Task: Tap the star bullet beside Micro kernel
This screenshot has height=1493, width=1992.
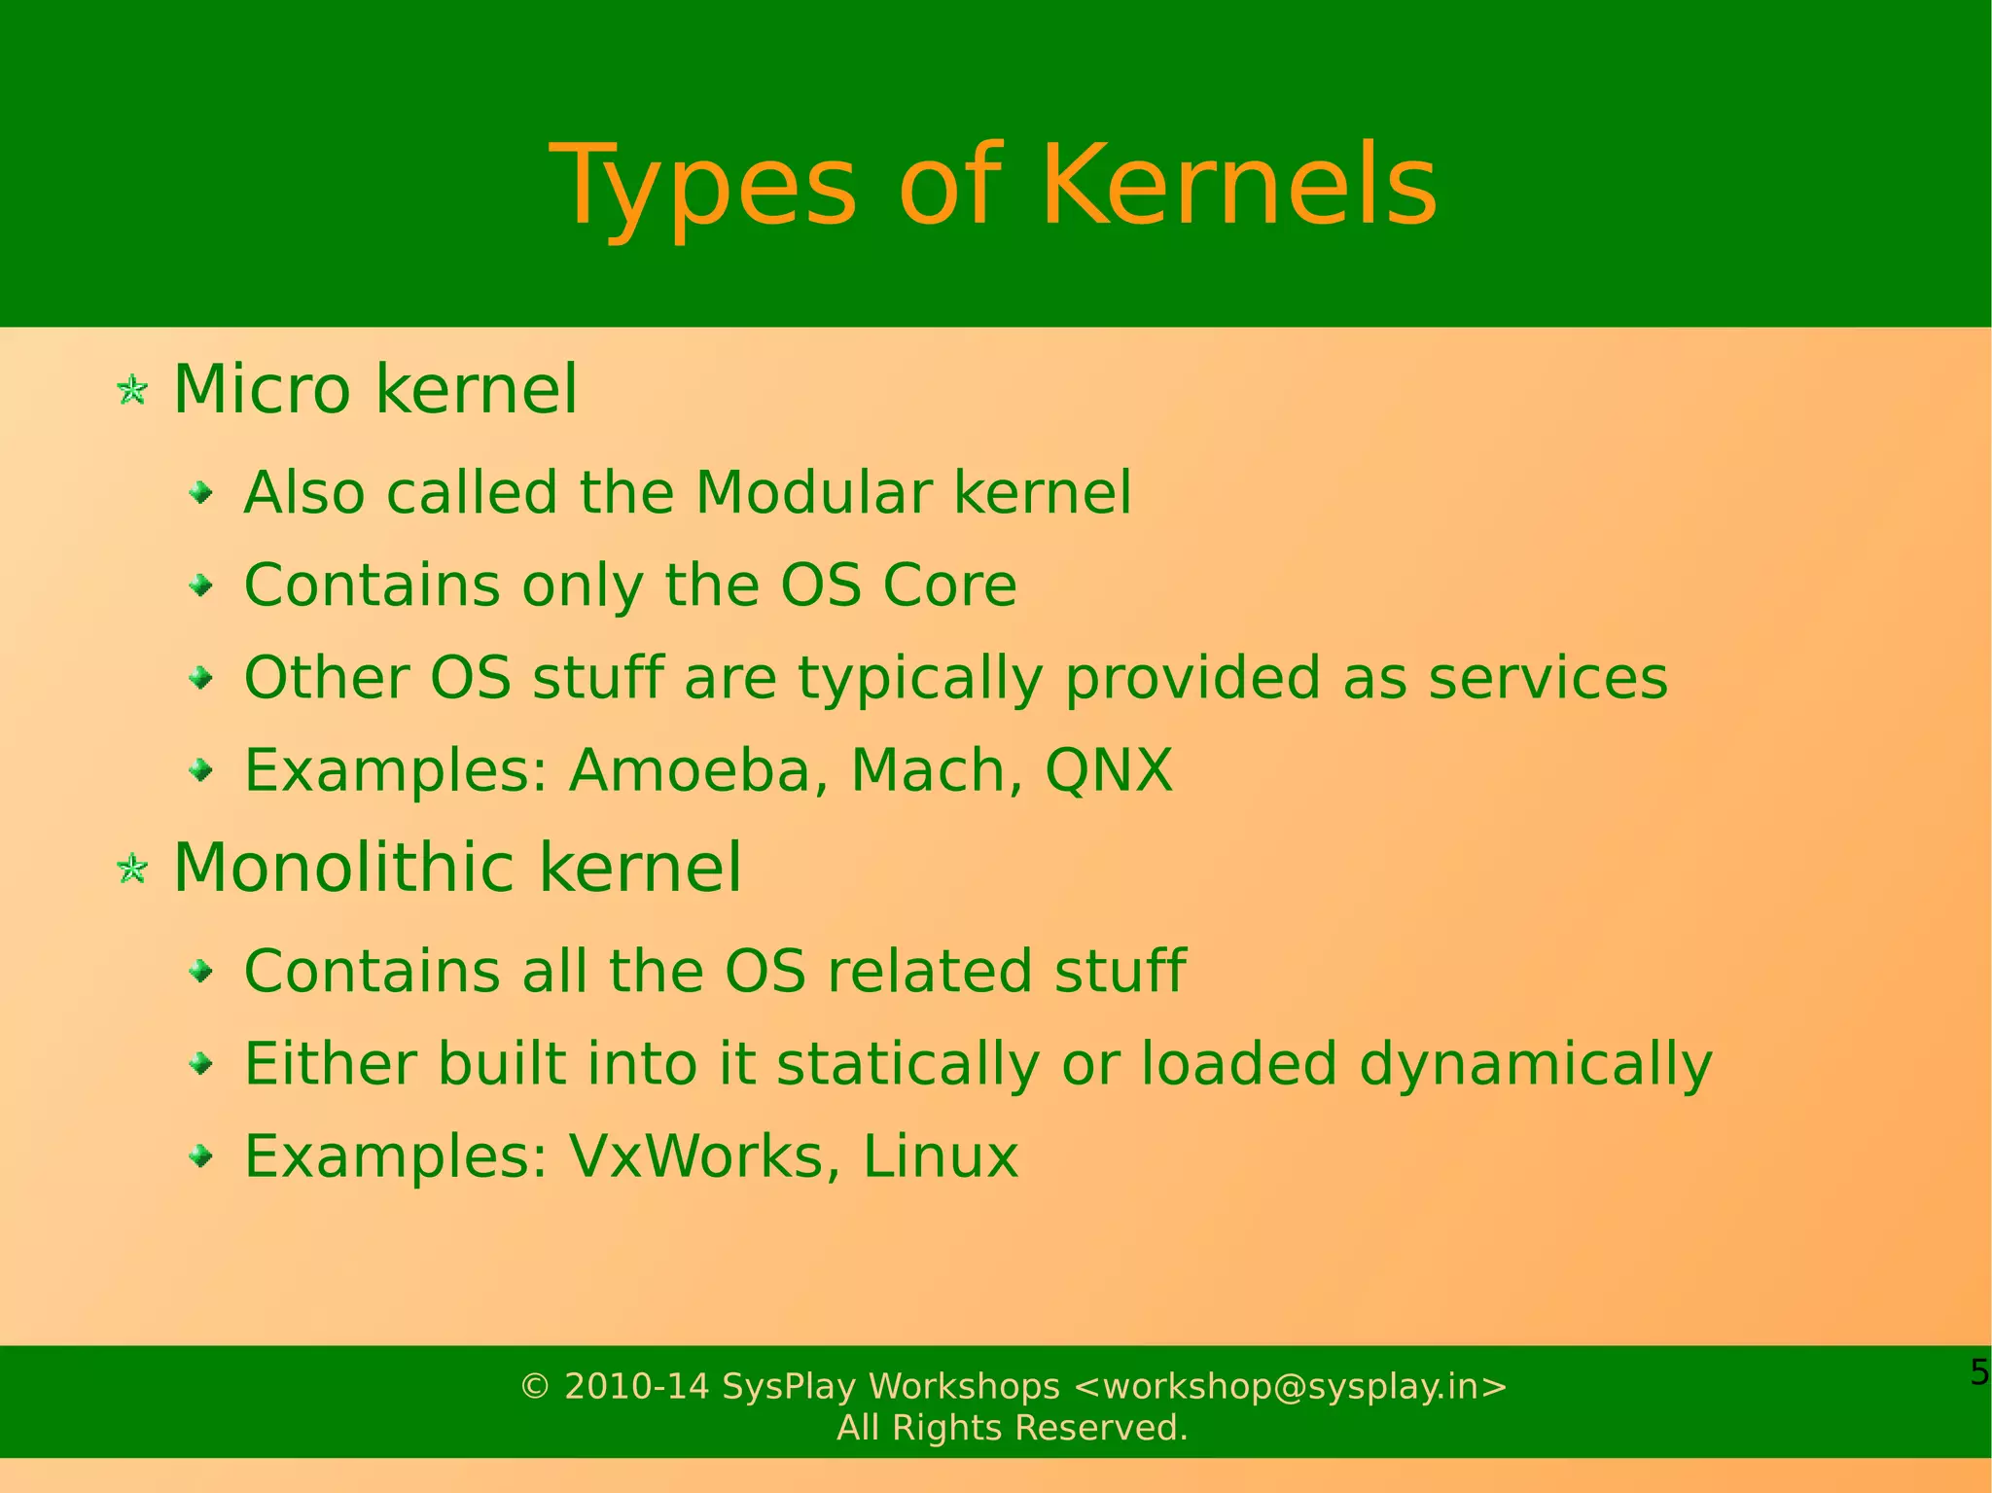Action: [132, 391]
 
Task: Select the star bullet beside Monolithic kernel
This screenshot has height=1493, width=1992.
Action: [132, 869]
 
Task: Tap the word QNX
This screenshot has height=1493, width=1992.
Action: [1108, 770]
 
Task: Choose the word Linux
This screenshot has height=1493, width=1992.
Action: [940, 1156]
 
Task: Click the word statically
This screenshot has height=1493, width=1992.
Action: [908, 1065]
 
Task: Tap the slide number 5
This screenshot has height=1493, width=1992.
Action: [1978, 1372]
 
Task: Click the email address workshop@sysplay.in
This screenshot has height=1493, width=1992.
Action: [1290, 1386]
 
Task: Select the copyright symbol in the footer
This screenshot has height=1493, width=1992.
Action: [535, 1386]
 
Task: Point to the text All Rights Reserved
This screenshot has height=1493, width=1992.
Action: [1012, 1428]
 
